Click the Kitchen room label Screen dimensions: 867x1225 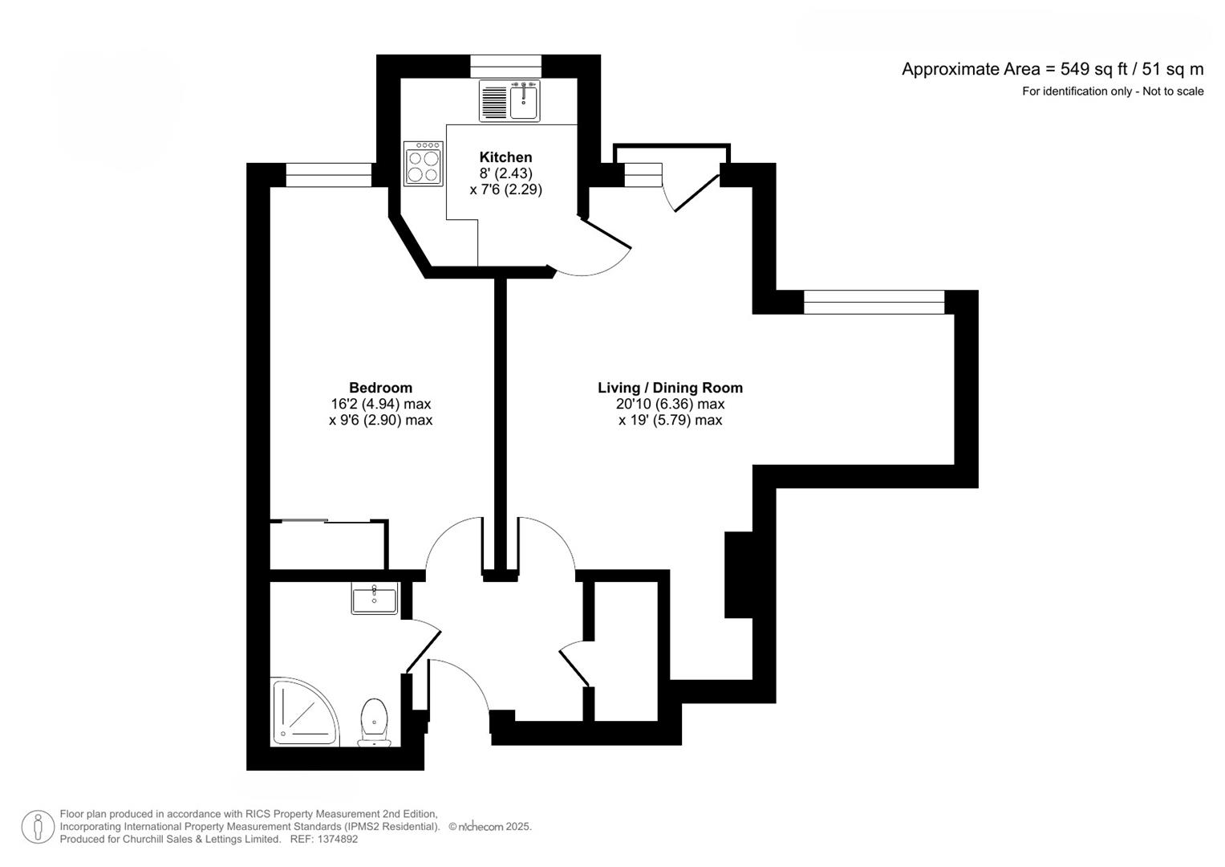click(x=505, y=157)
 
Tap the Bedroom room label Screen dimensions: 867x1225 click(x=380, y=388)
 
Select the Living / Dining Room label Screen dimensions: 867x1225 click(x=670, y=388)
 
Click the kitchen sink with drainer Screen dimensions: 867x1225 click(x=509, y=101)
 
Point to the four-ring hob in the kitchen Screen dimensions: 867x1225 click(x=424, y=164)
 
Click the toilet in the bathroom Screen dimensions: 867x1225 click(x=373, y=721)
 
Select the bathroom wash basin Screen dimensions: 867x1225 click(x=374, y=599)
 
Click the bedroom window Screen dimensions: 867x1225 click(x=329, y=175)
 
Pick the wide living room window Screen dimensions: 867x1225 click(x=874, y=302)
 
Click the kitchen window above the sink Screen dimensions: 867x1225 click(x=505, y=66)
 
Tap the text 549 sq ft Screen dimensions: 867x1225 click(x=1094, y=69)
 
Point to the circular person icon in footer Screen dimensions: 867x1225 click(x=38, y=827)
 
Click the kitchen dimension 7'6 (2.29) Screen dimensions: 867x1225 click(x=505, y=189)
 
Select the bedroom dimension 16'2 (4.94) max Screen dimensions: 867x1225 click(x=380, y=404)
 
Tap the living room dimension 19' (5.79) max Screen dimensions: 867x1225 click(x=670, y=420)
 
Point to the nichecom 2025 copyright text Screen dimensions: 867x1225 click(x=490, y=826)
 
